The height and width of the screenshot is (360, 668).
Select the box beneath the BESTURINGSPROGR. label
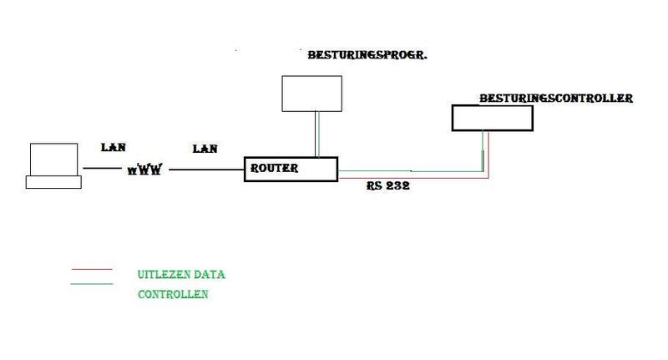pos(311,93)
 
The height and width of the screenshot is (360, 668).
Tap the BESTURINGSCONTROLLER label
pos(555,99)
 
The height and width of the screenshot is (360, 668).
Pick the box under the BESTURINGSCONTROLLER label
pos(492,117)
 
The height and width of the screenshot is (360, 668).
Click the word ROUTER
pos(275,168)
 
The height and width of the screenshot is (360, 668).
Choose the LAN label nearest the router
pos(205,149)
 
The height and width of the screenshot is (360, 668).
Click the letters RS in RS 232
pos(373,187)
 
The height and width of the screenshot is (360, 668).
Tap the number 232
pos(398,187)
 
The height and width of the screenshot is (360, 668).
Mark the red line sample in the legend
pos(92,270)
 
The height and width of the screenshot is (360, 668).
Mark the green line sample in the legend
pos(92,284)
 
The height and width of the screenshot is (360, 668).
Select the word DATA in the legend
pos(209,274)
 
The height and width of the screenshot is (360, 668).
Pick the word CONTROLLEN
pos(172,295)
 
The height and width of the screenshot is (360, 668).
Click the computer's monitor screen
pos(53,159)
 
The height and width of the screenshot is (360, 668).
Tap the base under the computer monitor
pos(53,181)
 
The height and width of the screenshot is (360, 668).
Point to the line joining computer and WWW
pos(104,170)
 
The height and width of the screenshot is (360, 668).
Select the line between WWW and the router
pos(205,170)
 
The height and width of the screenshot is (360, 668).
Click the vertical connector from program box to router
pos(316,134)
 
